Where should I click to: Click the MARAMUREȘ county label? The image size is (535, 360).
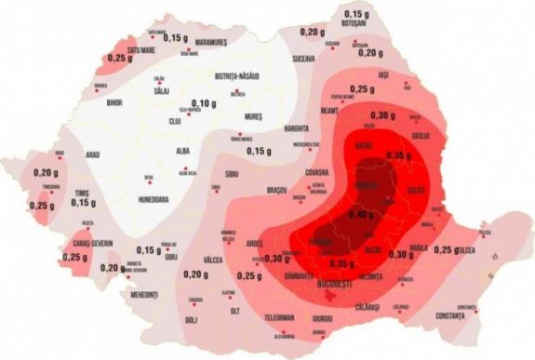click(x=210, y=43)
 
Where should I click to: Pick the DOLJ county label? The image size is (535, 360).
click(x=191, y=320)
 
